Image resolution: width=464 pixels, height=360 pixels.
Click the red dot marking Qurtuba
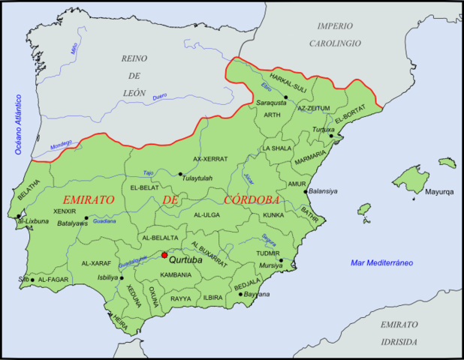click(164, 255)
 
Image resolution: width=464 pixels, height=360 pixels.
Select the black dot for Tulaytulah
click(180, 175)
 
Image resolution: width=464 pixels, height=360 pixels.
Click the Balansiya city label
click(324, 191)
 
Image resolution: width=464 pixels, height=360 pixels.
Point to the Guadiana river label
click(104, 221)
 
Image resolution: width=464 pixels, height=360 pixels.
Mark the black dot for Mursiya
click(282, 261)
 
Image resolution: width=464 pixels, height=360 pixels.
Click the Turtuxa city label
click(324, 129)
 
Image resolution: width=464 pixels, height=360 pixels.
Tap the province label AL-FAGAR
click(53, 279)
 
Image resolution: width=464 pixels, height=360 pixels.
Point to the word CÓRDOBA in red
click(252, 200)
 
